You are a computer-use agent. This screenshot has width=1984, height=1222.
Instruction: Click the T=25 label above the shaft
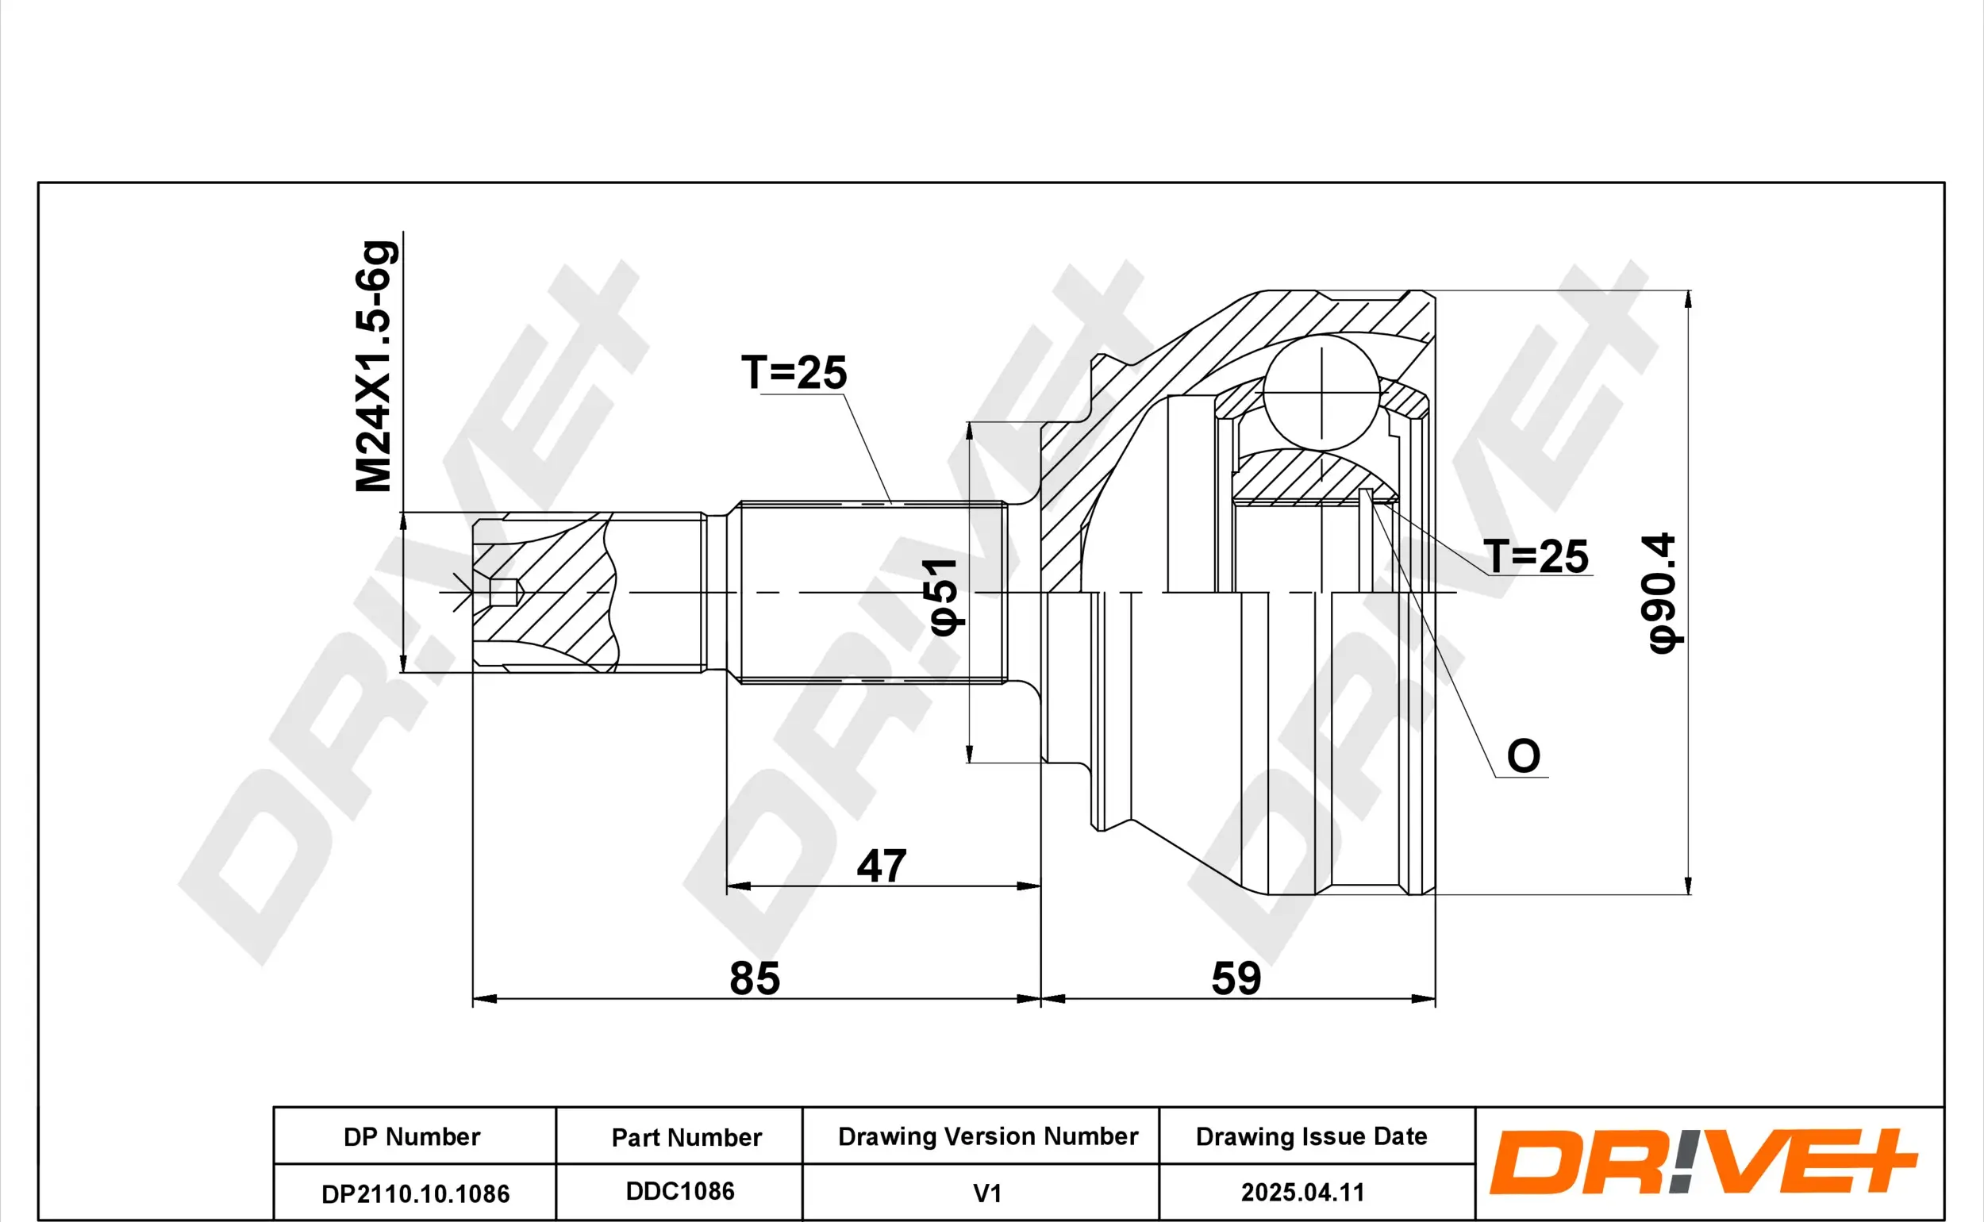click(x=794, y=373)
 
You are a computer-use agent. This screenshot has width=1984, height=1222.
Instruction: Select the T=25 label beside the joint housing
click(x=1536, y=556)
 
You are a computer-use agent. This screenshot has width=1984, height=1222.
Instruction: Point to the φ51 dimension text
click(x=944, y=597)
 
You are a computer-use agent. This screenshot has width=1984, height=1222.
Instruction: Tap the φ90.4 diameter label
click(x=1663, y=593)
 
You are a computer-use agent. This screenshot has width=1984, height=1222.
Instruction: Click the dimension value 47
click(x=881, y=867)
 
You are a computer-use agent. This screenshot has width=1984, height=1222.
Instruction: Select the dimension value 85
click(x=754, y=978)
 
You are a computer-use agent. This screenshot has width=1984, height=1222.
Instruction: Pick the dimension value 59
click(x=1236, y=978)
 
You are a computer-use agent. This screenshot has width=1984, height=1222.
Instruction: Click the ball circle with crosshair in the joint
click(x=1321, y=393)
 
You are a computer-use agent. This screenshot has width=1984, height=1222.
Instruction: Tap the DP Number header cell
click(x=412, y=1136)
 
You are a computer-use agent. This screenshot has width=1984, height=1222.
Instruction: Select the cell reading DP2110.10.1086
click(x=415, y=1193)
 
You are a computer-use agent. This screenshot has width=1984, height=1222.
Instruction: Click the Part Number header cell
click(x=686, y=1137)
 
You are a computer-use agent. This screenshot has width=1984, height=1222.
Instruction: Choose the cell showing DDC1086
click(x=679, y=1191)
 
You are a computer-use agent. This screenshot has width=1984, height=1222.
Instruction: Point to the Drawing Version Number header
click(x=987, y=1136)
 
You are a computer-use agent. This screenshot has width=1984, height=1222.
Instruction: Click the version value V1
click(x=986, y=1193)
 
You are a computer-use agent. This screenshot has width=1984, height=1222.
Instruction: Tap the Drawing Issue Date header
click(x=1311, y=1136)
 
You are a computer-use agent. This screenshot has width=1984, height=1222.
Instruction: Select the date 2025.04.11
click(x=1302, y=1192)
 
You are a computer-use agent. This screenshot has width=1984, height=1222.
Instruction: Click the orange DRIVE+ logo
click(x=1703, y=1163)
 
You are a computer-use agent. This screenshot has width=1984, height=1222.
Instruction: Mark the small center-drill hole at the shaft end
click(x=502, y=593)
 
